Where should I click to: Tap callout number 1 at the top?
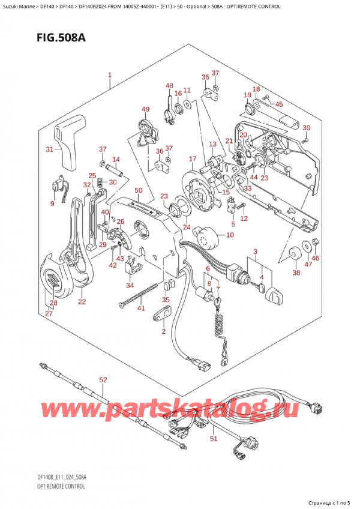110,76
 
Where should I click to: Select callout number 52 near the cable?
103,379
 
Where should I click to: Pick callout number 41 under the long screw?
142,309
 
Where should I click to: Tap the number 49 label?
145,109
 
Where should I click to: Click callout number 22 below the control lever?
82,301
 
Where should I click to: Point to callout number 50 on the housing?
138,190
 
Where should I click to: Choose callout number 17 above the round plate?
192,158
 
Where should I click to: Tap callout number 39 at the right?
306,128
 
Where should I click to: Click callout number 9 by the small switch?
52,203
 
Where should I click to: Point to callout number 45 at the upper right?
278,104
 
